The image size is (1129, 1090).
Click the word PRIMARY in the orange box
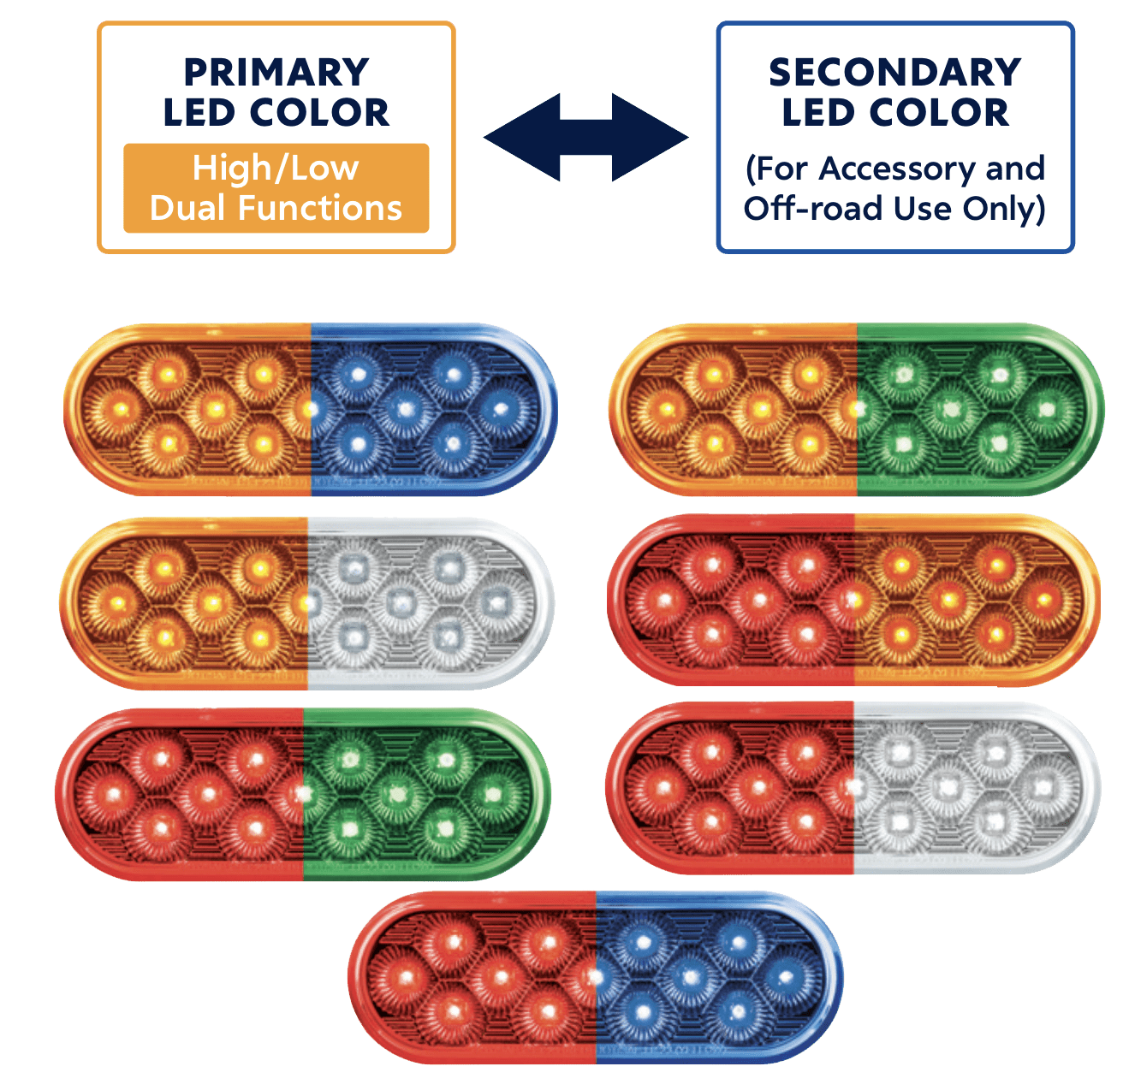(276, 73)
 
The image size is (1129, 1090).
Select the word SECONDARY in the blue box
(894, 73)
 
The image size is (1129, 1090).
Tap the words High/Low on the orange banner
(276, 169)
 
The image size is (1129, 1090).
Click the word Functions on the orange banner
(319, 208)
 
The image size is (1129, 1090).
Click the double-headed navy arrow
(586, 137)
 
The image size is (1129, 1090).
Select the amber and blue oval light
(311, 409)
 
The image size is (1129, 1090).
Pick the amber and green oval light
(857, 409)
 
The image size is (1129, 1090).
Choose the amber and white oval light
(307, 603)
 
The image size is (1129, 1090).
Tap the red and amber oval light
(853, 600)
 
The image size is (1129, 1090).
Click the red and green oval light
(303, 794)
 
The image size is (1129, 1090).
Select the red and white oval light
(853, 787)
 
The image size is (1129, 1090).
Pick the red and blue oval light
(596, 977)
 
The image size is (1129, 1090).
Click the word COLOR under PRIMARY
(319, 112)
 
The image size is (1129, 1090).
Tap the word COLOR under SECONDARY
(939, 112)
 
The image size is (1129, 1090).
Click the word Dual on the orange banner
(187, 208)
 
